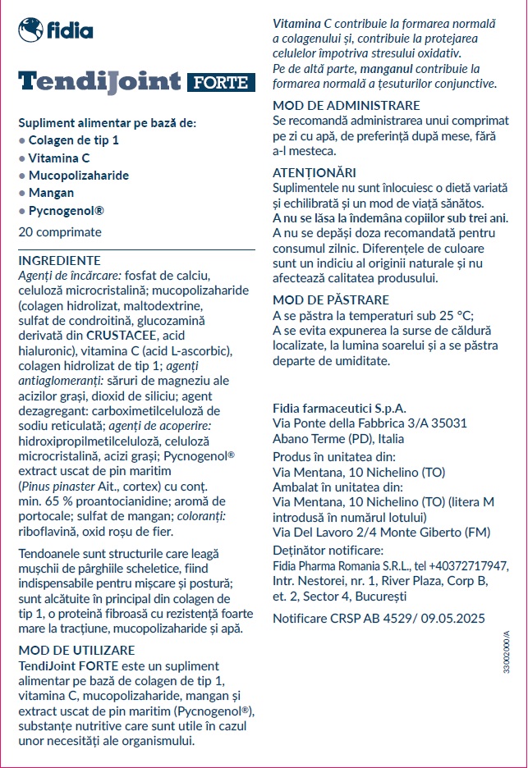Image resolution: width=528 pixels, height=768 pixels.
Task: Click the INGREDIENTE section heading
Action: pyautogui.click(x=59, y=260)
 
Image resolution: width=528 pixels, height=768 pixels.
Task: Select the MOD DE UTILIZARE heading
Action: pyautogui.click(x=76, y=650)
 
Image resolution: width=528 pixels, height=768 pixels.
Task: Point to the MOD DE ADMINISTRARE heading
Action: pyautogui.click(x=346, y=106)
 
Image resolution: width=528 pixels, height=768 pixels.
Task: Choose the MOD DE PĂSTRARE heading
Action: pyautogui.click(x=331, y=299)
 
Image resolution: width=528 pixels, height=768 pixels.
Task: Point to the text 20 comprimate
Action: pyautogui.click(x=60, y=232)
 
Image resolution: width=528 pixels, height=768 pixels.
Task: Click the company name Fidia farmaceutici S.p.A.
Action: pyautogui.click(x=339, y=408)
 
